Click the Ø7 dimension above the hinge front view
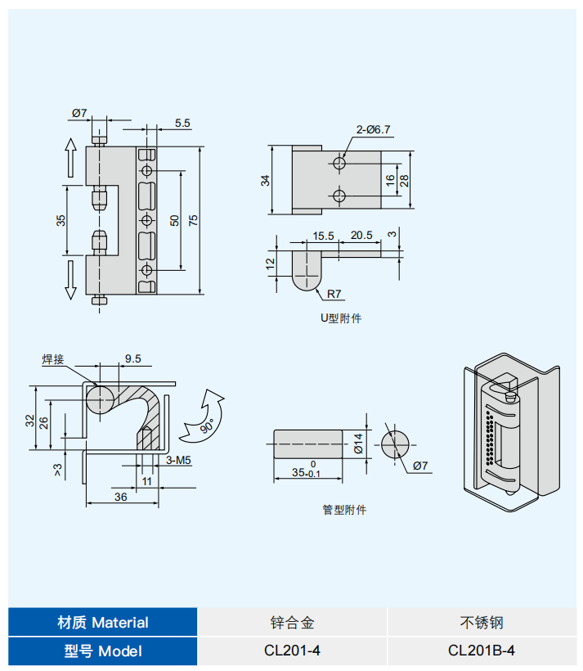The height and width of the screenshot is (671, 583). click(79, 112)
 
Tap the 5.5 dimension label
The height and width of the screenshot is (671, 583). click(182, 123)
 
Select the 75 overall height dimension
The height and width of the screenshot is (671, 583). click(193, 220)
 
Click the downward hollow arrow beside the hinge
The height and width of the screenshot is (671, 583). click(70, 278)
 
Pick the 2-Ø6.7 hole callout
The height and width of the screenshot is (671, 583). click(373, 128)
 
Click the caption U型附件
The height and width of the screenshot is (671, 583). click(340, 317)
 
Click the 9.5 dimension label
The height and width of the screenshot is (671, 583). click(132, 358)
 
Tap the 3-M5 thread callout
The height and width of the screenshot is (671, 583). click(178, 461)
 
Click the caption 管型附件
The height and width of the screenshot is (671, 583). click(344, 509)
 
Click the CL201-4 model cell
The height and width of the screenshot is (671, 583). click(292, 651)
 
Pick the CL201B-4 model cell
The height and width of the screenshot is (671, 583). click(481, 651)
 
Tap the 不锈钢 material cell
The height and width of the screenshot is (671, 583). click(481, 622)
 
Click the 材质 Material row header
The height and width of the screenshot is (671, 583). click(103, 622)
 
